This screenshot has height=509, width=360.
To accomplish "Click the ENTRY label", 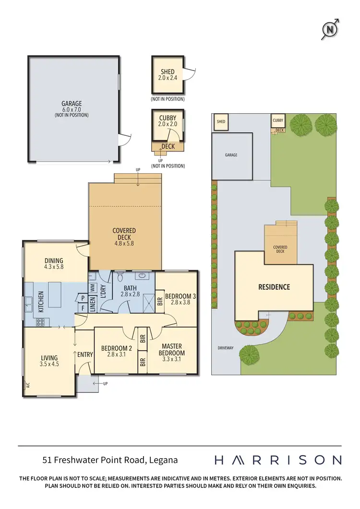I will coord(85,355).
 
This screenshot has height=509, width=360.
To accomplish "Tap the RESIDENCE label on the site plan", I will coord(274,287).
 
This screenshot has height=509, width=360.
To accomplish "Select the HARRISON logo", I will coord(277,460).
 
